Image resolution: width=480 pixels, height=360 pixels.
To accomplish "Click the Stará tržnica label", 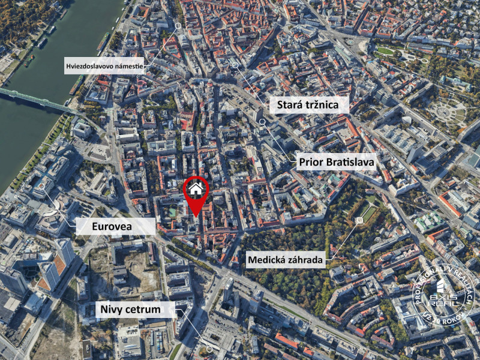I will coord(304,106).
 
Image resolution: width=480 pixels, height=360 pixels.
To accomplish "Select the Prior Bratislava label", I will coord(336,162).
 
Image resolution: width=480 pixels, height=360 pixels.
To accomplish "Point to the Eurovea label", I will coord(116,226).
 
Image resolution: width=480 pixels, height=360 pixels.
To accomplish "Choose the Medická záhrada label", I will coord(285,260).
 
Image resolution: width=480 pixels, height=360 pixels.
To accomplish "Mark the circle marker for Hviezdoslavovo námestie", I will coord(178,26).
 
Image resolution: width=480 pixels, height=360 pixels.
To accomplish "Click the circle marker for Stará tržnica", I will coord(235,65).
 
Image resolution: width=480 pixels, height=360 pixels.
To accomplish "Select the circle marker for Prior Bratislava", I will coord(262,121).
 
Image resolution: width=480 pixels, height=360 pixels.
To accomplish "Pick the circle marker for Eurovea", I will coord(41,187).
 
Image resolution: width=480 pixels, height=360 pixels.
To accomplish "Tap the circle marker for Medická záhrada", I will coord(359,221).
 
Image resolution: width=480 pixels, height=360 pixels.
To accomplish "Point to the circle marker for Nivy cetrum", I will coord(209,349).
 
